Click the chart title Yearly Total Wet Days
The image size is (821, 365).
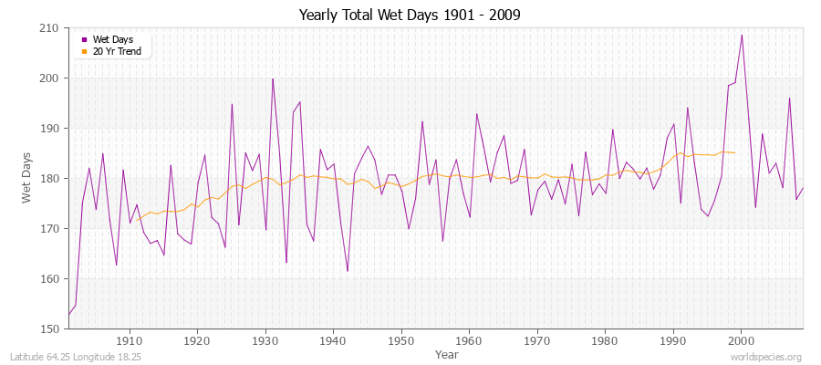(x=410, y=16)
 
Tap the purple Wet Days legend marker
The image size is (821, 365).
(x=84, y=39)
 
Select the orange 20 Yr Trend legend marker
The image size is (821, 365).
(x=84, y=51)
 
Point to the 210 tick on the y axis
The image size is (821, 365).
(x=51, y=28)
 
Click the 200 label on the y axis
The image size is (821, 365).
(x=51, y=78)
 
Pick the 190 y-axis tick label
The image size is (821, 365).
(x=51, y=129)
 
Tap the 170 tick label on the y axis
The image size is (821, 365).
(x=51, y=229)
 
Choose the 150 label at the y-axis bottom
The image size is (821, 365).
(x=51, y=328)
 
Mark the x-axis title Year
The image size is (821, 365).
(x=447, y=353)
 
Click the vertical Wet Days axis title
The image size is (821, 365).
(x=28, y=178)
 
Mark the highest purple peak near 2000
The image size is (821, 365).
(x=742, y=35)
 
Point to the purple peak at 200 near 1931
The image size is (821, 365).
(x=273, y=78)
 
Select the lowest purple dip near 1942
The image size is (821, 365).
(x=348, y=271)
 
